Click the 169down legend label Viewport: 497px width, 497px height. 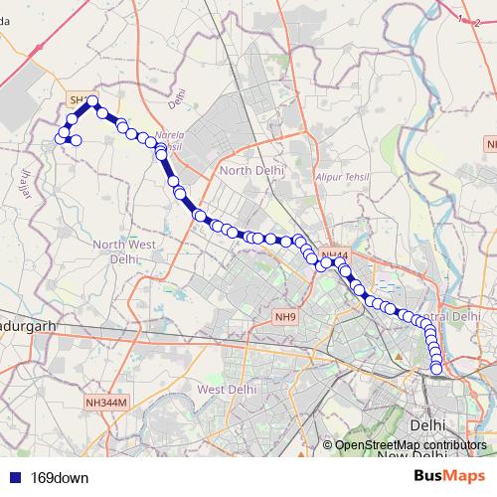coord(60,477)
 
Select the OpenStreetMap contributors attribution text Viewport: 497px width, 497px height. coord(409,444)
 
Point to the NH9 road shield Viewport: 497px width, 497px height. coord(285,317)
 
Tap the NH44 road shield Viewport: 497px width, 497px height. coord(336,256)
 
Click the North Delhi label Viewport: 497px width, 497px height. coord(251,170)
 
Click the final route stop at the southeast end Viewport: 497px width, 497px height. coord(436,370)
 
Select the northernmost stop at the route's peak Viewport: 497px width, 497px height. coord(92,100)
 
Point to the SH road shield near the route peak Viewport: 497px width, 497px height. coord(76,99)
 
